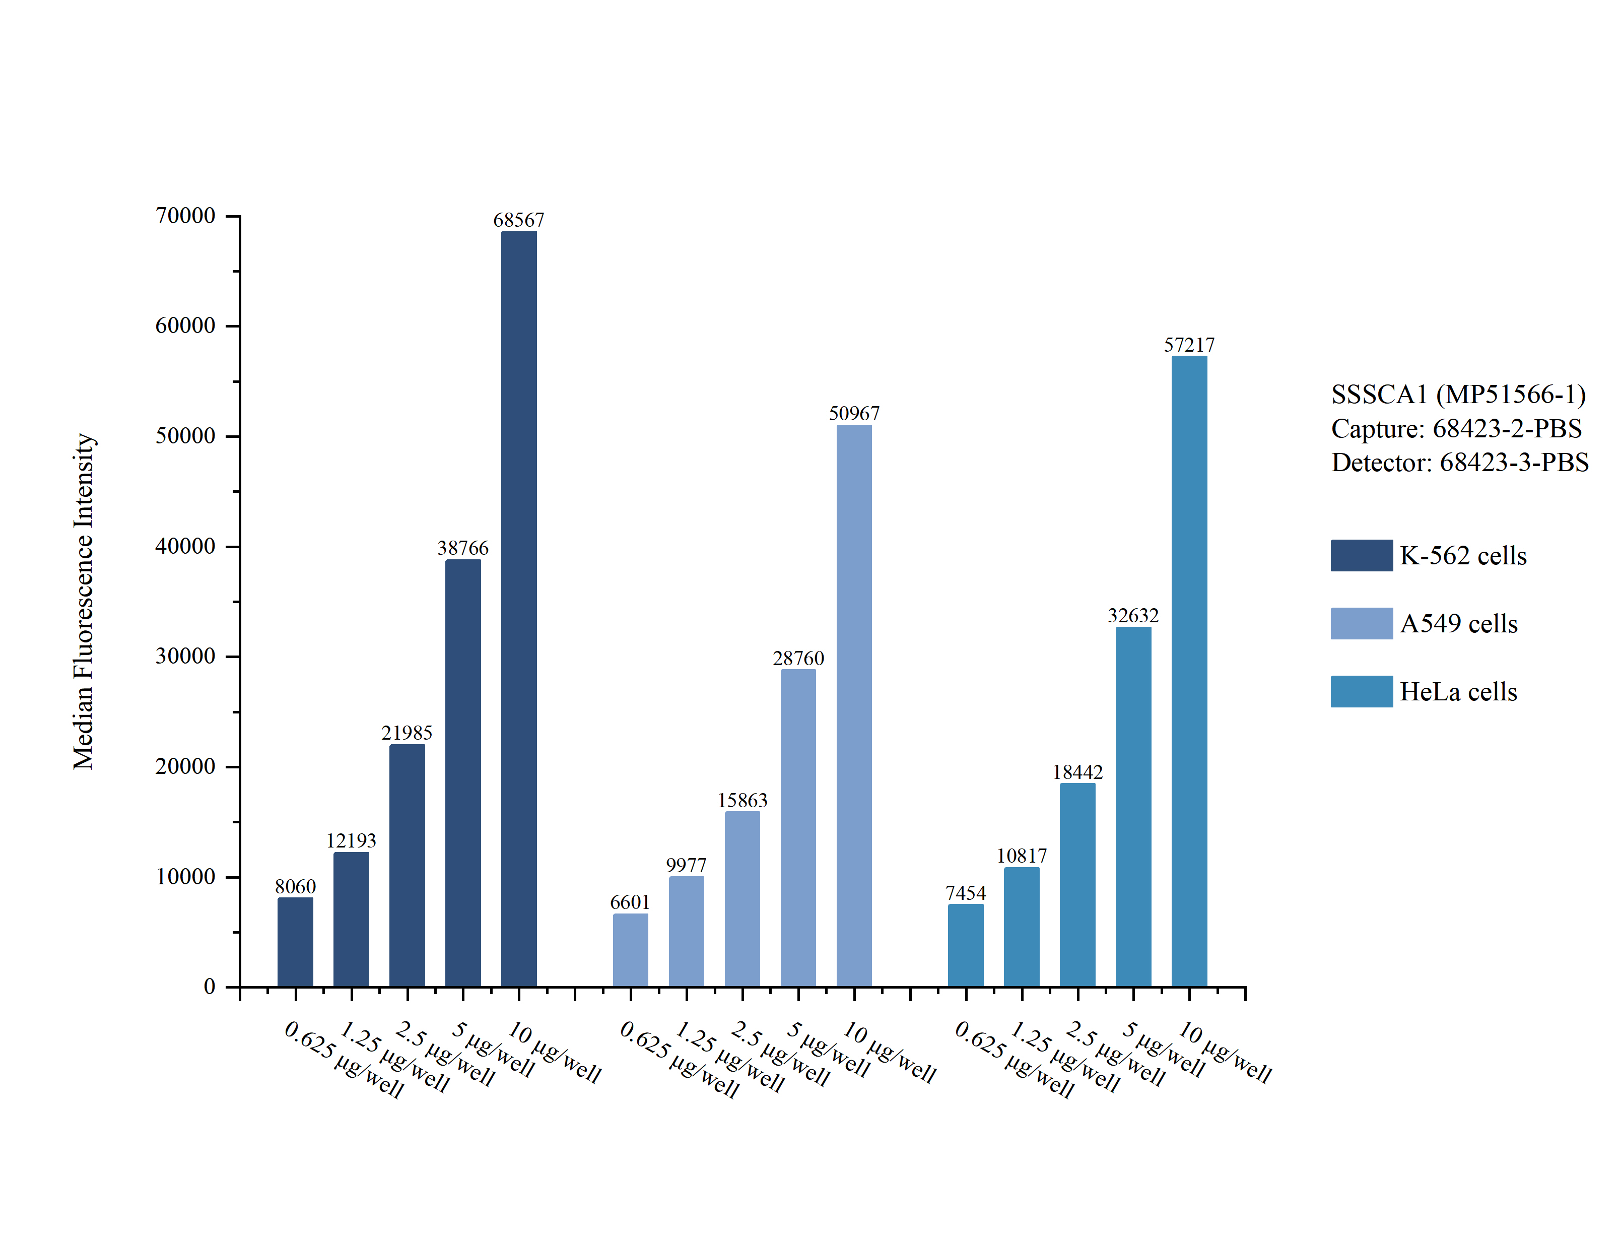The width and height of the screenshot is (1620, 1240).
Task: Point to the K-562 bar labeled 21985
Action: [407, 865]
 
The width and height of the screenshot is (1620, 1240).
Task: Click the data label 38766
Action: [462, 548]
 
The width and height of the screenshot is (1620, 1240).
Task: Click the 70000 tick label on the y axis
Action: [185, 216]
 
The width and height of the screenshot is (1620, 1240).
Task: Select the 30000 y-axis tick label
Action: [185, 656]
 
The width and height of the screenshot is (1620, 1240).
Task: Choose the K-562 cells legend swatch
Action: [1361, 555]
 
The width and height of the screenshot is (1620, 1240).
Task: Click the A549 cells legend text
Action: [1458, 624]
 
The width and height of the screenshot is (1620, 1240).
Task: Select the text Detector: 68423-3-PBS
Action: [1459, 462]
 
